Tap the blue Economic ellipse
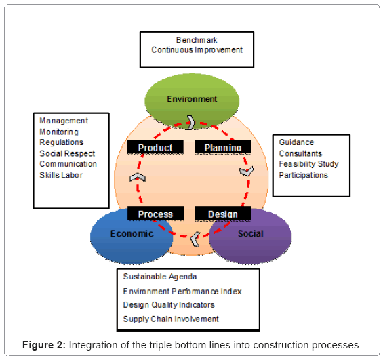pyautogui.click(x=132, y=237)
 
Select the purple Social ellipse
pyautogui.click(x=250, y=237)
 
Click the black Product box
pyautogui.click(x=155, y=147)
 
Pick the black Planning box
pyautogui.click(x=223, y=147)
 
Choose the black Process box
pyautogui.click(x=156, y=214)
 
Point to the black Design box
pyautogui.click(x=223, y=214)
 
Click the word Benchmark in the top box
pyautogui.click(x=197, y=40)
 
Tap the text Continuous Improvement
pyautogui.click(x=197, y=49)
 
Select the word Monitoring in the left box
pyautogui.click(x=59, y=132)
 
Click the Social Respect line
pyautogui.click(x=67, y=153)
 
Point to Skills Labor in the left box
pyautogui.click(x=61, y=175)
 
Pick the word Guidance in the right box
pyautogui.click(x=296, y=142)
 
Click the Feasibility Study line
pyautogui.click(x=308, y=164)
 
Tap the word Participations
pyautogui.click(x=304, y=175)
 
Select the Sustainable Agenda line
pyautogui.click(x=160, y=277)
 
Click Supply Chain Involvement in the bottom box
pyautogui.click(x=171, y=319)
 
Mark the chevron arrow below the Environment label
pyautogui.click(x=191, y=122)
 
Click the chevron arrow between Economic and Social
pyautogui.click(x=195, y=239)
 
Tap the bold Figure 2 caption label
pyautogui.click(x=44, y=345)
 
